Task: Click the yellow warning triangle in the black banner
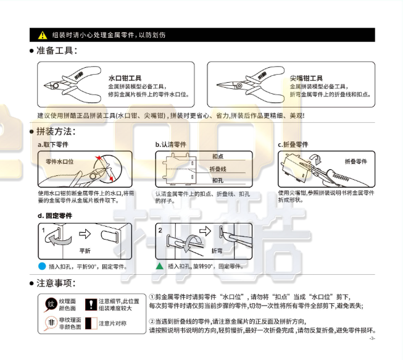[x=42, y=35]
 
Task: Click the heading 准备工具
[x=57, y=51]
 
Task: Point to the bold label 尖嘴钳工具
[x=306, y=78]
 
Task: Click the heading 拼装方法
[x=57, y=132]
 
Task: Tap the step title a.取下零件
[x=53, y=144]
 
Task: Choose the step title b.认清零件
[x=171, y=144]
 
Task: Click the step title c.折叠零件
[x=293, y=144]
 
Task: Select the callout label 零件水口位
[x=60, y=161]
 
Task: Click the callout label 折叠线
[x=218, y=169]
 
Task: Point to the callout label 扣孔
[x=217, y=180]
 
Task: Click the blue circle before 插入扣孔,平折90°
[x=42, y=266]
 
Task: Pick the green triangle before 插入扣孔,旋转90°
[x=159, y=266]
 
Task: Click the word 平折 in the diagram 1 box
[x=85, y=251]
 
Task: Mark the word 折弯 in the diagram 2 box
[x=217, y=251]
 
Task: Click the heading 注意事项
[x=57, y=283]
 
